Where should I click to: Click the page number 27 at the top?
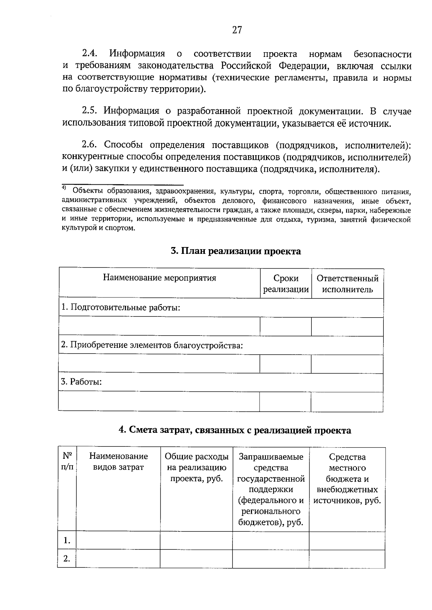click(x=237, y=30)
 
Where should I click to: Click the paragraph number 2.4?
click(x=90, y=54)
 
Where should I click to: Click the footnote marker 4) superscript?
click(x=63, y=188)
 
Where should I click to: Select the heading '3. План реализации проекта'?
click(x=236, y=251)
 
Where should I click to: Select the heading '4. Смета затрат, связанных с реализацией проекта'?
click(x=235, y=430)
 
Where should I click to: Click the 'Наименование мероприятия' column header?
click(x=159, y=278)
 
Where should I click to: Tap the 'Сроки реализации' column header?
click(x=286, y=284)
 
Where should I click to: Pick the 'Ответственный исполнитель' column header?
click(x=347, y=284)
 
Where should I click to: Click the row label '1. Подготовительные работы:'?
click(x=121, y=308)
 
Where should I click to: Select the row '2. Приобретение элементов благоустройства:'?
click(x=152, y=345)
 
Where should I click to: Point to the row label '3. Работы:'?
click(x=81, y=382)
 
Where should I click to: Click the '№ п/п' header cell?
click(x=67, y=462)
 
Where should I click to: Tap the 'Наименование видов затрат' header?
click(x=118, y=462)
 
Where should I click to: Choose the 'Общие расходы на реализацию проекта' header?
click(x=197, y=467)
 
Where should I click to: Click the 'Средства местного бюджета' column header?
click(x=347, y=479)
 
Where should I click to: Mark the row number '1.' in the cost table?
click(x=67, y=541)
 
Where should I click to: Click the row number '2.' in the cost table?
click(x=67, y=559)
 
